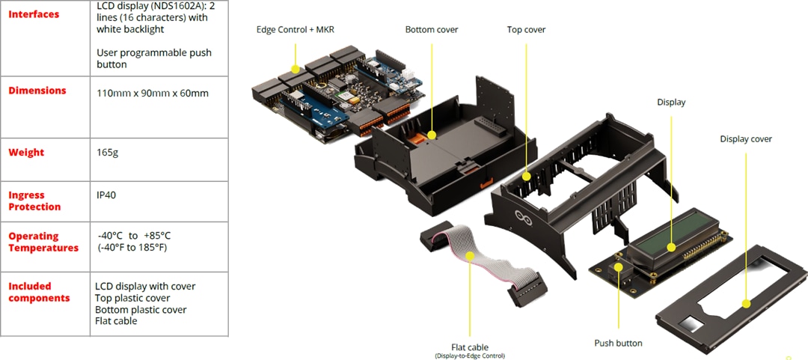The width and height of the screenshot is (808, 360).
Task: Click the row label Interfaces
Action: coord(34,14)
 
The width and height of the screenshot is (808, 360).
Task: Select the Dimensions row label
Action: coord(37,91)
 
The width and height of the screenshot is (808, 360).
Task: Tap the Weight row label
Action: coord(26,153)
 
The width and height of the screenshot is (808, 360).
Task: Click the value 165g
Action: coord(108,153)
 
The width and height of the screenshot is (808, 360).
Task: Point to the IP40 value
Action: coord(106,195)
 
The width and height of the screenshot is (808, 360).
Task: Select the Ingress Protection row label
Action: coord(34,201)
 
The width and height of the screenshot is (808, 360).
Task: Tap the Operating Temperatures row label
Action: coord(43,242)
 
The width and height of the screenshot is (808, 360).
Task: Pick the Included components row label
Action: coord(39,292)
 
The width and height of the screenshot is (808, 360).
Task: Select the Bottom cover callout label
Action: coord(432,30)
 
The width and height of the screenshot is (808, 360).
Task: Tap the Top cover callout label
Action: coord(526,30)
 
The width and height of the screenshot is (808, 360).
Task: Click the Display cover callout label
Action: coord(746,139)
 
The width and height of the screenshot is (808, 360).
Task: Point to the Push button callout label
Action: coord(618,343)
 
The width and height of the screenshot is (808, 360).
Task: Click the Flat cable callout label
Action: coord(470,347)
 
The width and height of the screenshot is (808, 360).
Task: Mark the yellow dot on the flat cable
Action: coord(470,255)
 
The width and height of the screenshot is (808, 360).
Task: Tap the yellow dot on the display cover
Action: coord(746,304)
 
